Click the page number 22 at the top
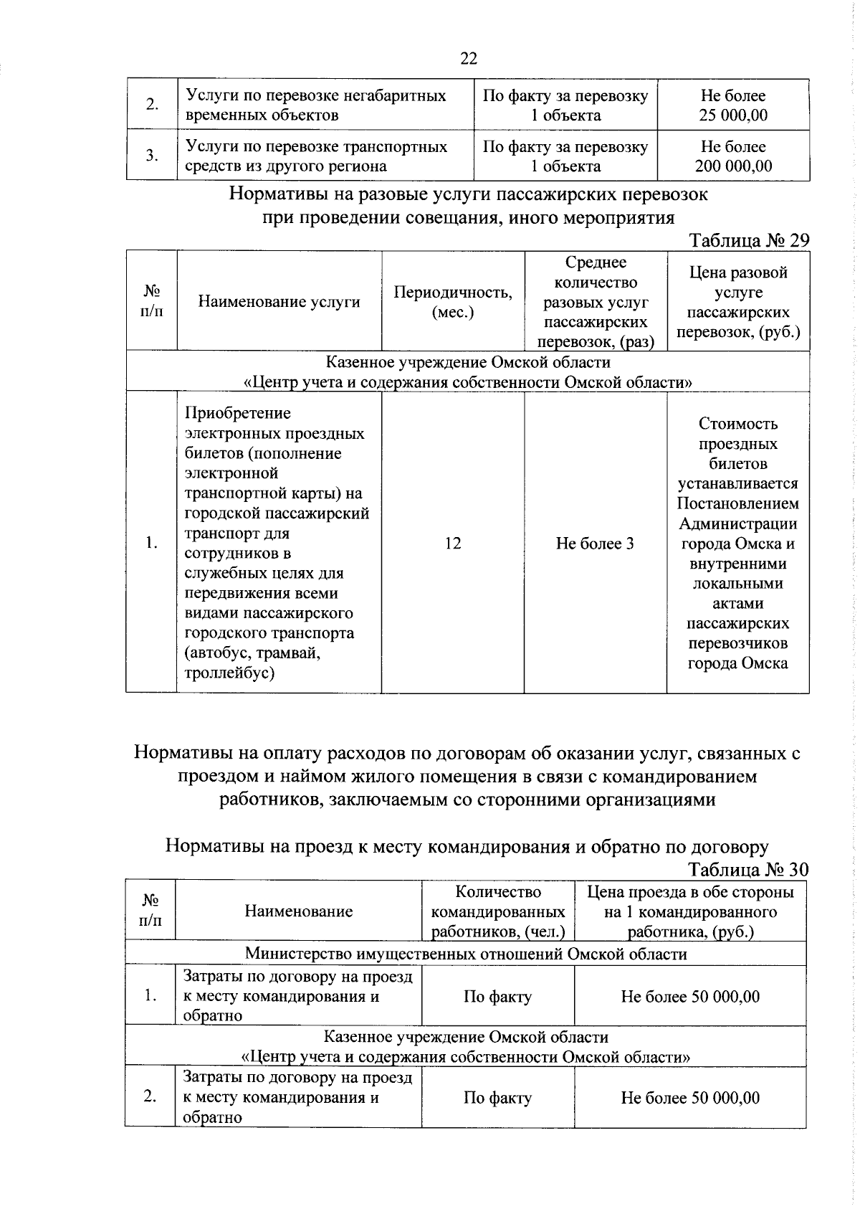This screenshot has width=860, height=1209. (x=468, y=59)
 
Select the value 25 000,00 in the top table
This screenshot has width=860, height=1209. (x=733, y=115)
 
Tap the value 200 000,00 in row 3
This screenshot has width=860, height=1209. (x=733, y=166)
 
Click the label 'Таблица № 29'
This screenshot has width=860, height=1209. (x=749, y=241)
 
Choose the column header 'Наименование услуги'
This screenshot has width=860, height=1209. (x=279, y=302)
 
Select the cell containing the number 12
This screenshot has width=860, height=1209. (x=453, y=544)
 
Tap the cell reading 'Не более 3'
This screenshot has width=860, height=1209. (x=595, y=544)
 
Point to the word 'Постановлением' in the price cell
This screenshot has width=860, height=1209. (x=738, y=503)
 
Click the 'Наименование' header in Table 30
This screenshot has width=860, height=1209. (x=298, y=911)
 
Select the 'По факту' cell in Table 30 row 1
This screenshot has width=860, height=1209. (x=497, y=997)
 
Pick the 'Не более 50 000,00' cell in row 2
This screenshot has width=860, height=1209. (x=690, y=1098)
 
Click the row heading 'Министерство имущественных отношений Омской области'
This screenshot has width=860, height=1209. (x=466, y=954)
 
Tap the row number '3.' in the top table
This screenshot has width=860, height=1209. (x=152, y=156)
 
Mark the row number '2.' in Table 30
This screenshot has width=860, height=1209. (x=150, y=1097)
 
